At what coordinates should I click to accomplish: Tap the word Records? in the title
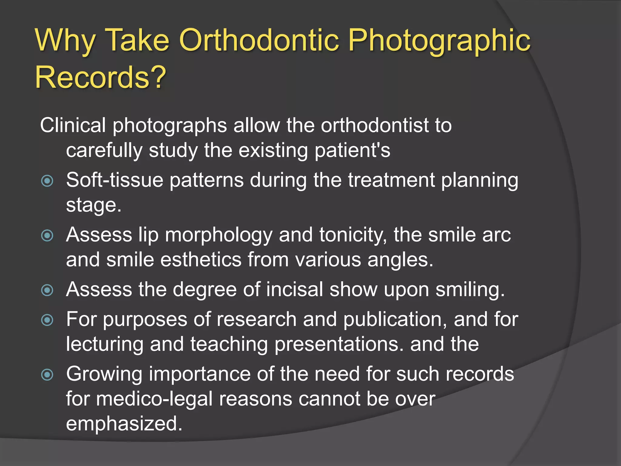(x=101, y=77)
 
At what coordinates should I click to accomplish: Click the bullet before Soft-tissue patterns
(x=47, y=181)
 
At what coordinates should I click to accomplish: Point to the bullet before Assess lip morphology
(x=47, y=235)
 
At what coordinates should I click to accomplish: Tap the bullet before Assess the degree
(x=47, y=290)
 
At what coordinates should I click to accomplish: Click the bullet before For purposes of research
(x=47, y=320)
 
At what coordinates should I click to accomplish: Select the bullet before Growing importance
(x=47, y=374)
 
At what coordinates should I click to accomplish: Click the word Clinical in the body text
(x=73, y=125)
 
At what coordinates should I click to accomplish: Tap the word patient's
(x=352, y=150)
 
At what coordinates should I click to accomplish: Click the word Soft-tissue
(x=115, y=180)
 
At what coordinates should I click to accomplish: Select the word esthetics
(x=200, y=260)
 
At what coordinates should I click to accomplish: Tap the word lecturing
(x=105, y=344)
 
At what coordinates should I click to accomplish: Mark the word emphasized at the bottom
(x=124, y=424)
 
